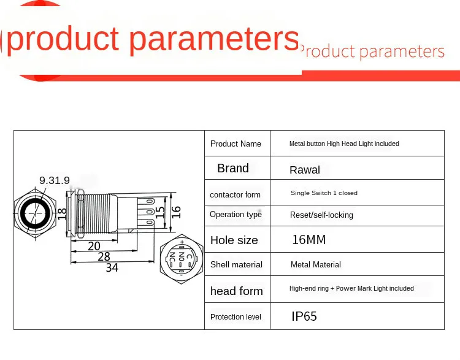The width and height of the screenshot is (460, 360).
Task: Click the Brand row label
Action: (x=233, y=169)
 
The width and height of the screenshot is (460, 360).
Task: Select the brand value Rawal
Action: (x=304, y=170)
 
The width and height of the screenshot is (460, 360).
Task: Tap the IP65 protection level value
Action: (x=304, y=316)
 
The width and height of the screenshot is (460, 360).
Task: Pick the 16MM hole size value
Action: (x=309, y=240)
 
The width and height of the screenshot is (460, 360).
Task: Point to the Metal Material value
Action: (x=316, y=265)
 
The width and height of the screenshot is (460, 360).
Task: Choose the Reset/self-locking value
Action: (x=321, y=215)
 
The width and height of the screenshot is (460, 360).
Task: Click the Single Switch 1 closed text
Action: (x=324, y=193)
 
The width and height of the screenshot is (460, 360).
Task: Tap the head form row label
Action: (x=237, y=291)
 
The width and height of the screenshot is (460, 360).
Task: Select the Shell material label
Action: (x=236, y=265)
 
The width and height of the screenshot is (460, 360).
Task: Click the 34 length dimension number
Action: (x=112, y=267)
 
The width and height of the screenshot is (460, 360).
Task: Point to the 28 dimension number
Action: (x=104, y=257)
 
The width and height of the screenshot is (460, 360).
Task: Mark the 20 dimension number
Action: (x=94, y=246)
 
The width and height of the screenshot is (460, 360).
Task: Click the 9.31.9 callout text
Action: (x=55, y=180)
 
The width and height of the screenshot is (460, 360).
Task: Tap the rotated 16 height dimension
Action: (x=176, y=212)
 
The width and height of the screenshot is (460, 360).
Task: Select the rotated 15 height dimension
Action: (x=160, y=212)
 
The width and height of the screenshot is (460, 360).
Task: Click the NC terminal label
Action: (x=172, y=258)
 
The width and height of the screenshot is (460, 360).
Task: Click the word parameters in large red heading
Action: (x=214, y=40)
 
